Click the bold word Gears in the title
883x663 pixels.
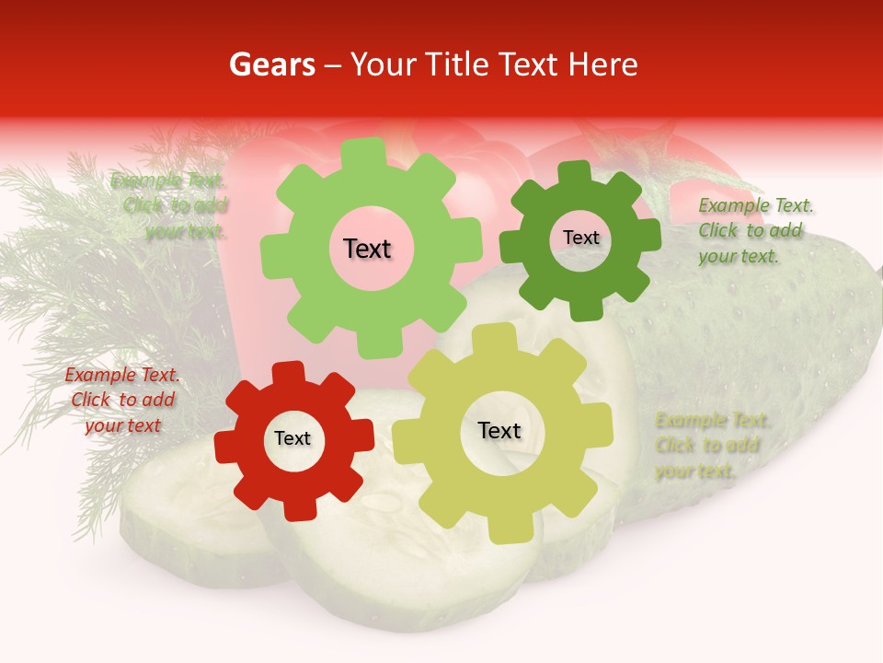click(271, 65)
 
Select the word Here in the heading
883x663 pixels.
click(603, 65)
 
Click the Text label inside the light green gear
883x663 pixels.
click(367, 249)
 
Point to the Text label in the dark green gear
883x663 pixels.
click(580, 238)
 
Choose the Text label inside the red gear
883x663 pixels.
click(292, 439)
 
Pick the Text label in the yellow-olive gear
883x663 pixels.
click(499, 431)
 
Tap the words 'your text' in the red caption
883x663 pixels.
click(122, 425)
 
